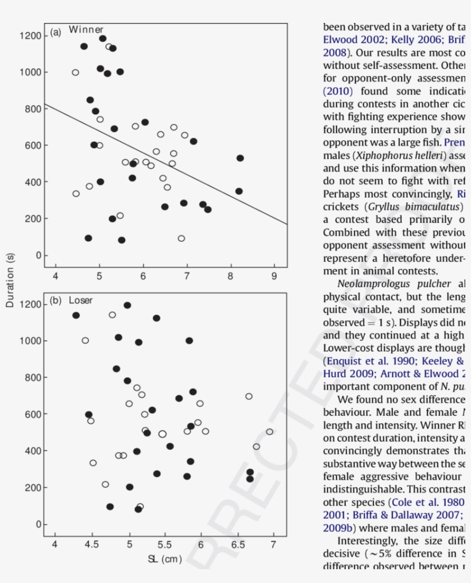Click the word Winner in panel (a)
pos(86,30)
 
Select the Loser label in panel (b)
pos(80,300)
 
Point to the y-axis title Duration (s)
pos(10,280)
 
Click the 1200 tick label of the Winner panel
pos(29,36)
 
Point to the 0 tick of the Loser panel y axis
pos(38,524)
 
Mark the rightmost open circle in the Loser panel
pos(269,431)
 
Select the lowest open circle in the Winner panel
pos(182,238)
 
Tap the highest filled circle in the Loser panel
pos(128,305)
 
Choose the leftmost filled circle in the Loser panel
pos(76,315)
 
